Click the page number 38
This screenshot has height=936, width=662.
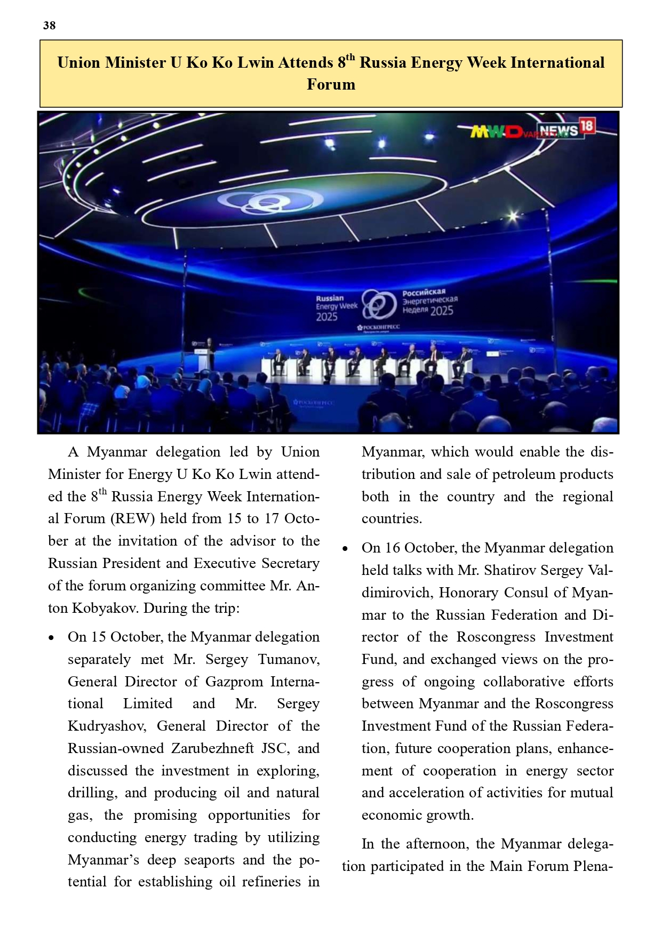click(x=49, y=26)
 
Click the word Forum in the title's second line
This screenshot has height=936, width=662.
click(x=331, y=85)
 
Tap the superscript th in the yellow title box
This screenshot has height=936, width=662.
click(x=350, y=57)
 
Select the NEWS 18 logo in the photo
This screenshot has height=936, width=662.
click(x=566, y=129)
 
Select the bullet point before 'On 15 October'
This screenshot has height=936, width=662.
click(x=51, y=638)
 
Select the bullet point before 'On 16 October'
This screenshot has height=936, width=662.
click(x=345, y=549)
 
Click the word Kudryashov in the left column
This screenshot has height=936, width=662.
click(x=107, y=726)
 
